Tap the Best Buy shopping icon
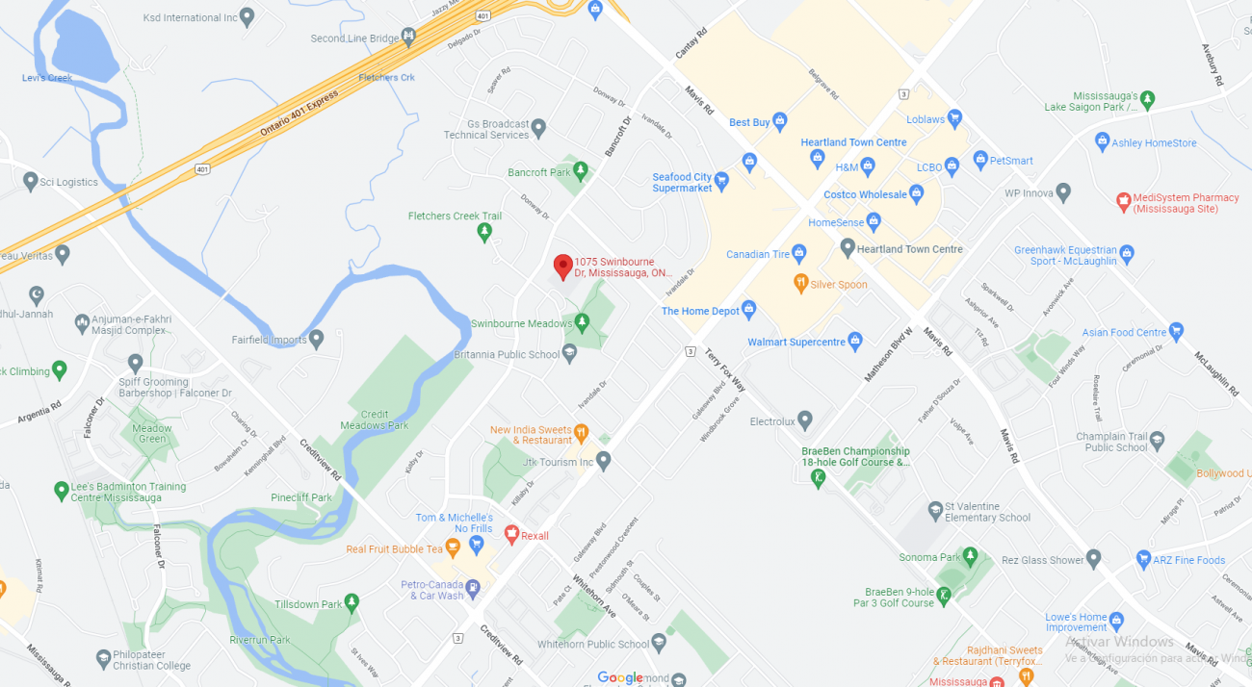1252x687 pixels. click(780, 122)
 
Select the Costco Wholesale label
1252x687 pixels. click(865, 194)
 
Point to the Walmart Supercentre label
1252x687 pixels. click(796, 342)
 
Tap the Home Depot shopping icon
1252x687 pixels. click(749, 310)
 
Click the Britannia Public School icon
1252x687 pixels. click(569, 354)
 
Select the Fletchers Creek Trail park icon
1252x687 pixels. click(484, 232)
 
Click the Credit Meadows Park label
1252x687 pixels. click(375, 420)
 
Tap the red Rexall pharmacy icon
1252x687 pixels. click(511, 534)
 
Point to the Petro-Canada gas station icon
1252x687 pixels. click(473, 587)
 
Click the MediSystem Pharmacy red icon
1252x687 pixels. click(1122, 201)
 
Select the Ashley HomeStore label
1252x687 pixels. click(1154, 143)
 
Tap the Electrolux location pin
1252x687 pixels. click(805, 420)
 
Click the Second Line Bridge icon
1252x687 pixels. click(409, 38)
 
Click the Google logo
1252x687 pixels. click(619, 677)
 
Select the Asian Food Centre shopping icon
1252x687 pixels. click(1175, 332)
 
